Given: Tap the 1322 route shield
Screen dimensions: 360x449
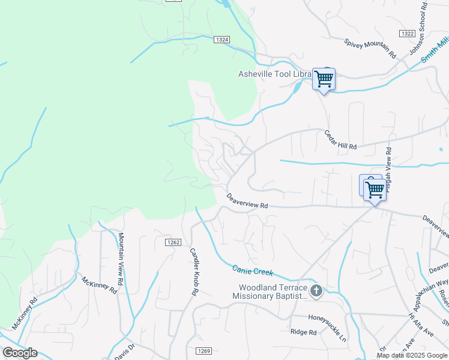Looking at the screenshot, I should click(x=406, y=34).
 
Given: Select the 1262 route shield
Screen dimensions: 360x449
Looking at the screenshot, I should click(x=173, y=242).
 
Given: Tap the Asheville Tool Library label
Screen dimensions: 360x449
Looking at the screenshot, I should click(x=274, y=74).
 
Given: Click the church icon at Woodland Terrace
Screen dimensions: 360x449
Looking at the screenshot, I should click(x=316, y=292).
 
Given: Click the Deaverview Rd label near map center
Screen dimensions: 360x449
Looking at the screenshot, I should click(x=247, y=202).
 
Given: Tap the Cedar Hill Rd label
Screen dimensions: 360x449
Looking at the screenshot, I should click(x=340, y=140).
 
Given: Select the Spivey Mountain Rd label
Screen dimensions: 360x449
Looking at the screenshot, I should click(x=371, y=48).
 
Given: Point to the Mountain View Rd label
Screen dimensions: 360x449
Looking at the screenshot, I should click(x=121, y=259).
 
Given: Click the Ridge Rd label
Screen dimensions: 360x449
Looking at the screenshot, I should click(x=303, y=332).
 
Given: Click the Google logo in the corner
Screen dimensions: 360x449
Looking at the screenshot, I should click(x=20, y=353).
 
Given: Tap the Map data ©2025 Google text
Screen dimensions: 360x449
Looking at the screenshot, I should click(x=412, y=355).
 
